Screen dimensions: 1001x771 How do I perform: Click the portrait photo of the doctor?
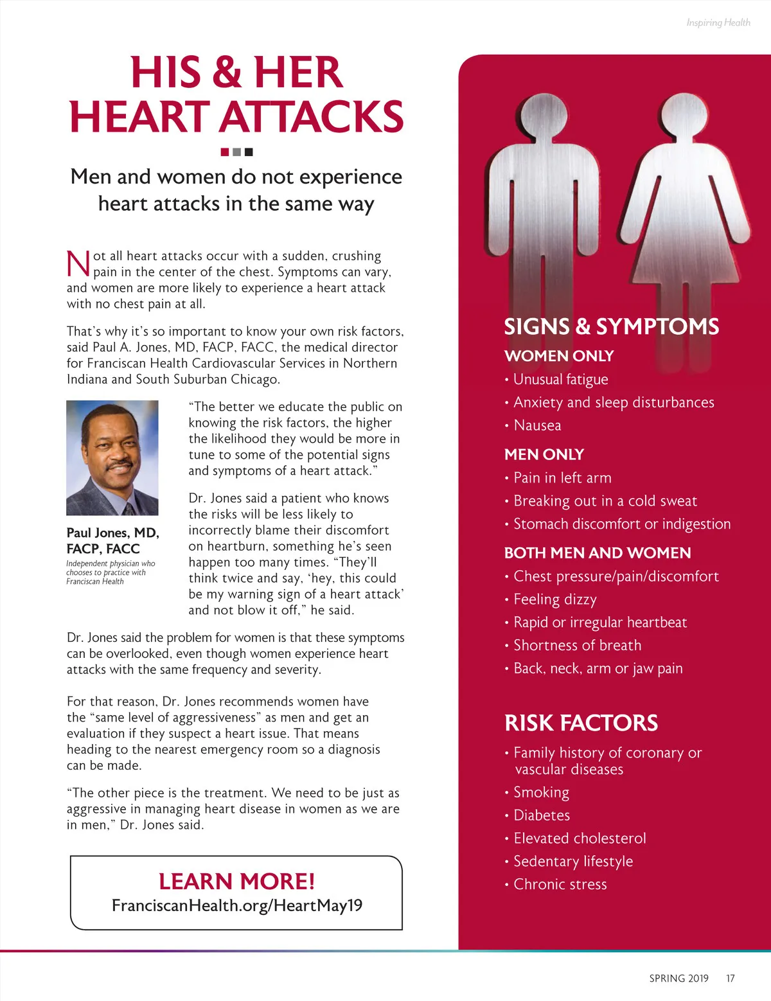(112, 457)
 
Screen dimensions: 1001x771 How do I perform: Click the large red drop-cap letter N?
(78, 264)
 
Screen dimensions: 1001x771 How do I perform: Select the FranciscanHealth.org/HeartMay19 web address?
(236, 905)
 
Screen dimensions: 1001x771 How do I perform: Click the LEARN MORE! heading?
(236, 881)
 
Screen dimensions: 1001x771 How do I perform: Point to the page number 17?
(730, 979)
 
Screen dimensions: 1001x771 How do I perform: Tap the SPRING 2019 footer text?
(678, 979)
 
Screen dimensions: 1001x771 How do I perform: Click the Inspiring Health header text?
(718, 22)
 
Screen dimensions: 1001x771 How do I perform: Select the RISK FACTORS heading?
(581, 723)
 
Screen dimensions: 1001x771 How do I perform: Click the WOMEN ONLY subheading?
(559, 356)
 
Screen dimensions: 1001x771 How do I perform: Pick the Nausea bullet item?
(537, 425)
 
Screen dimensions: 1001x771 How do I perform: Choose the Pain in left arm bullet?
(562, 478)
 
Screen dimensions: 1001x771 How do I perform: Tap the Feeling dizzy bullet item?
(555, 599)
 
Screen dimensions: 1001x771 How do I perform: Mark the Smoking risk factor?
(541, 792)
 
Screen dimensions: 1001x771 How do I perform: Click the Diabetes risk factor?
(542, 815)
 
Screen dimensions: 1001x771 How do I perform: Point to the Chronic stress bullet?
(560, 885)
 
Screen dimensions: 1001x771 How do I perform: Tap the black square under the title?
(249, 152)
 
